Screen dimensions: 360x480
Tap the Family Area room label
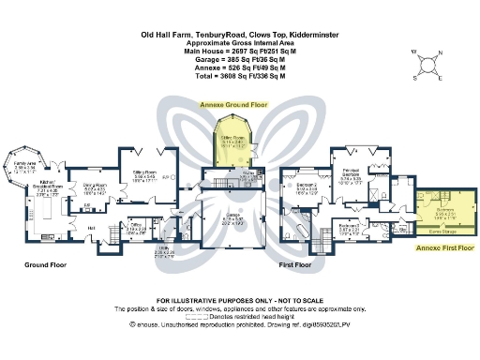pos(23,166)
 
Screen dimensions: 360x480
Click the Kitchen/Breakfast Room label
pos(50,187)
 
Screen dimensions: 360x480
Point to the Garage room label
pos(231,219)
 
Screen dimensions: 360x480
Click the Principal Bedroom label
pos(349,174)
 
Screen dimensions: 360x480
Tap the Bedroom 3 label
pos(349,226)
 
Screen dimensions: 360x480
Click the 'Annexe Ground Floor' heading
pos(228,106)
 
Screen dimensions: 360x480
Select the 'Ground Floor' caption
pos(44,265)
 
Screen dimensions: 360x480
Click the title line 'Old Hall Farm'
pos(239,34)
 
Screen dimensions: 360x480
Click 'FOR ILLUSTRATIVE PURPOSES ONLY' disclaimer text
pos(239,299)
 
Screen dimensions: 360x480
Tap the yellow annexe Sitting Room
pos(231,142)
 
